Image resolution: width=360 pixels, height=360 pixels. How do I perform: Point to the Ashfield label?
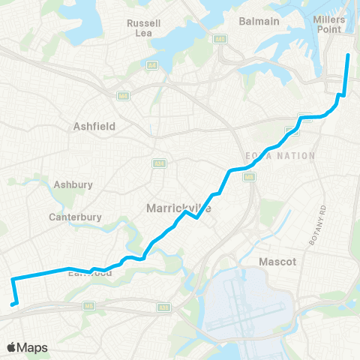pos(94,127)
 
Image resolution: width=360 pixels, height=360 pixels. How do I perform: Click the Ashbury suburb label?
pos(73,184)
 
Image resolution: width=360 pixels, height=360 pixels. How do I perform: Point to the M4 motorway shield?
pos(121,95)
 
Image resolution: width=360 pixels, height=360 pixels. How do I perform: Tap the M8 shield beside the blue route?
pos(250,177)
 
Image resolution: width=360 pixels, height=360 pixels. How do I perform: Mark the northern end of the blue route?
pos(347,55)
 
